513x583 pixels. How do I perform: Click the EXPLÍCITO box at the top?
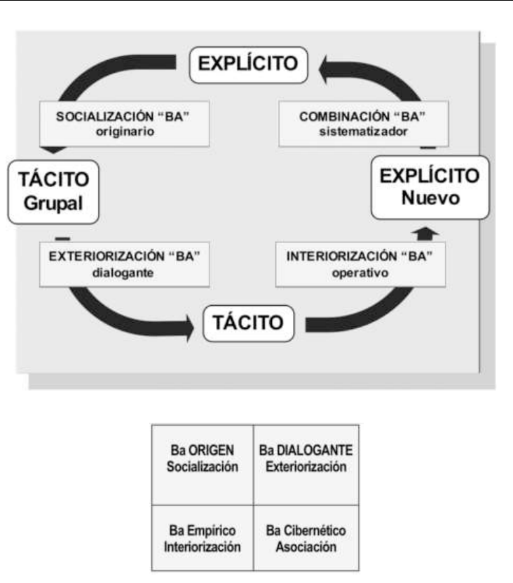click(250, 65)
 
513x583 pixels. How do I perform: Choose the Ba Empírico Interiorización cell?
click(203, 537)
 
